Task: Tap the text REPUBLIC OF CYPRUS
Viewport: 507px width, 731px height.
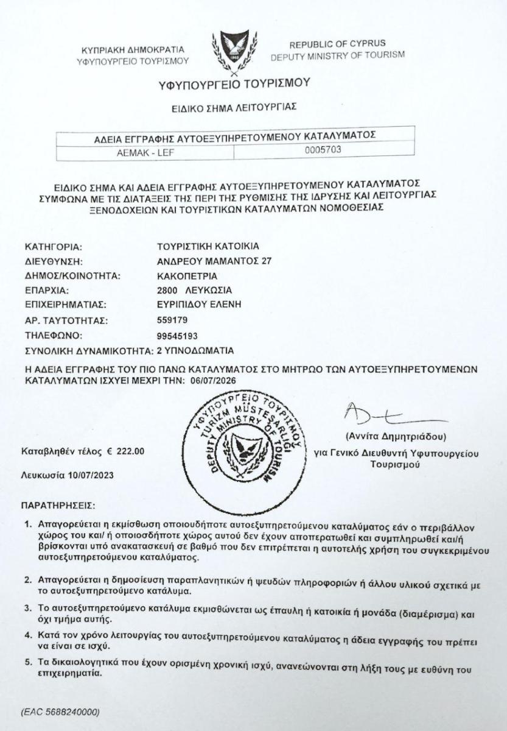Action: coord(337,44)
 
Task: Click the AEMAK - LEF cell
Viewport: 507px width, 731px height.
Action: coord(145,153)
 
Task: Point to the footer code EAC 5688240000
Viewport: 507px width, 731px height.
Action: coord(60,711)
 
